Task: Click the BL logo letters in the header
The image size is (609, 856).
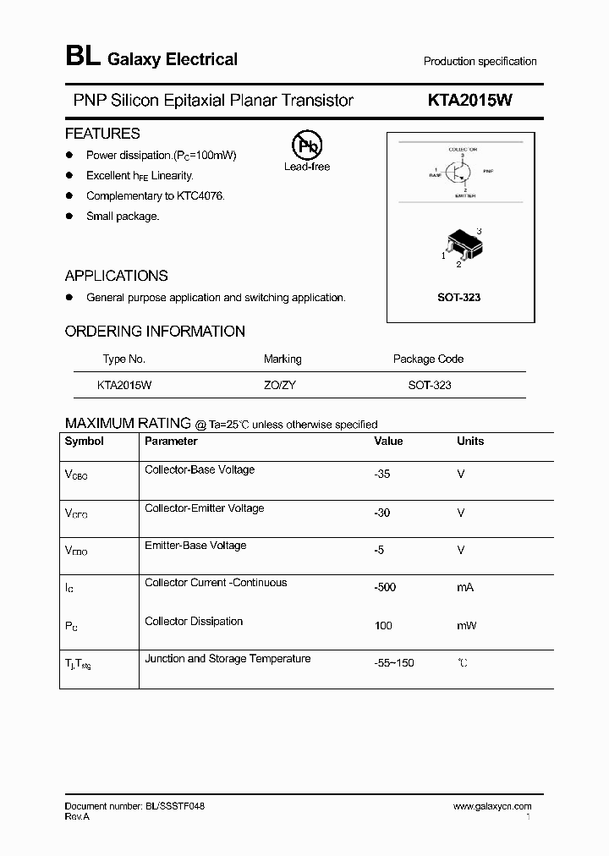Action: (82, 58)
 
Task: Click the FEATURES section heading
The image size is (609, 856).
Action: (102, 134)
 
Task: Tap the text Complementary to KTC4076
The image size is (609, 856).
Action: (155, 196)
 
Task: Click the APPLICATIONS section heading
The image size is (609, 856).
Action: (116, 276)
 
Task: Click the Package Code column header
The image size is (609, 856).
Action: (428, 359)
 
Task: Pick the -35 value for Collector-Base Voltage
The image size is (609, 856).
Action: (382, 475)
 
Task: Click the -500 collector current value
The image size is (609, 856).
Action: (385, 587)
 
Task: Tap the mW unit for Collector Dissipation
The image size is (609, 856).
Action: (466, 625)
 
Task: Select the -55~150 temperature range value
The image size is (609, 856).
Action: (394, 662)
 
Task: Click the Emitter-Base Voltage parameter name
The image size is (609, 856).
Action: (195, 546)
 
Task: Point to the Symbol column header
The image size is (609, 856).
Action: (85, 441)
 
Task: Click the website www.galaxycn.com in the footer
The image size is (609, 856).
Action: (492, 807)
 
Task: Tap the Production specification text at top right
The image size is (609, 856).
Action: (480, 62)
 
